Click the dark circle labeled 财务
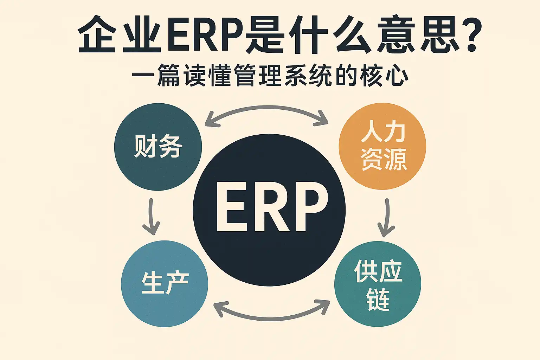158,147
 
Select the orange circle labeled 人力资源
382,146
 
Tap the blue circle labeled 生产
165,284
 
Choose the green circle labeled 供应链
378,284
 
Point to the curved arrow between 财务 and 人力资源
266,108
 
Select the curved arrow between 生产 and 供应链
271,319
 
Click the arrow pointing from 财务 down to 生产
152,216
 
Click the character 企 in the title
96,34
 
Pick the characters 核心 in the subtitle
383,76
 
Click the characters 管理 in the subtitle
258,76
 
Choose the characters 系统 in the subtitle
308,76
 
